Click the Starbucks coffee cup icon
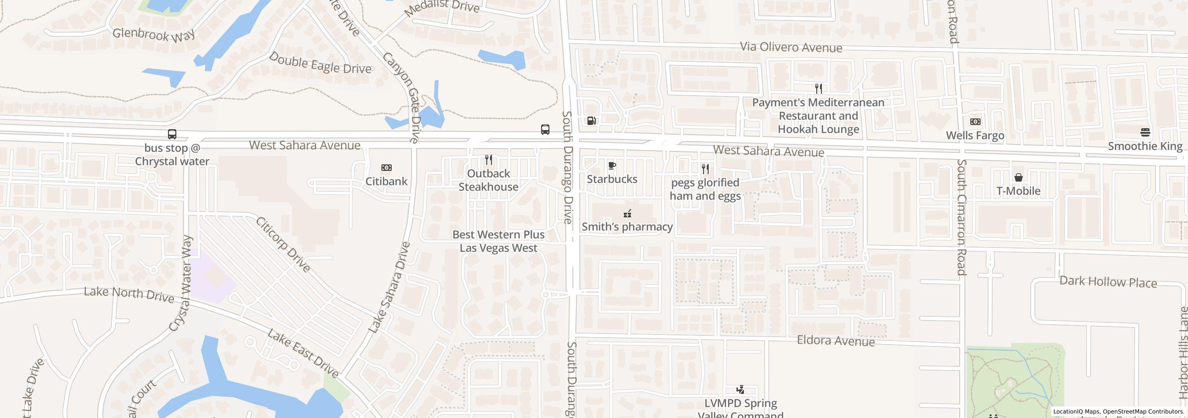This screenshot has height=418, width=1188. click(612, 166)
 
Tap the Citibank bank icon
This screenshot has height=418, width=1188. click(386, 168)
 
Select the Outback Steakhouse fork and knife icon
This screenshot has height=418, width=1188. click(488, 160)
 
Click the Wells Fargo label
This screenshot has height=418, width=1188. click(975, 136)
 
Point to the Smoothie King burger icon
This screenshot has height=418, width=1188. click(1145, 133)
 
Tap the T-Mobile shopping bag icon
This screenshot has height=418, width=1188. click(1018, 177)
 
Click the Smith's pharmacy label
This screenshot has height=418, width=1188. click(627, 227)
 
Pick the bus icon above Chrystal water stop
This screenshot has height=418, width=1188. click(172, 134)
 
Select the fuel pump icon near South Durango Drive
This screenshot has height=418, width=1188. click(591, 121)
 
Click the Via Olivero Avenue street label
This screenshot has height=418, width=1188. click(791, 47)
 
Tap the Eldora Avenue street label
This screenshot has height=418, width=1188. click(835, 341)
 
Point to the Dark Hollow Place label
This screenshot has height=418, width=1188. click(1108, 282)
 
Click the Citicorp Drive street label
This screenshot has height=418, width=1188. click(283, 245)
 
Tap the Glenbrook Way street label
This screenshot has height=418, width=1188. click(154, 35)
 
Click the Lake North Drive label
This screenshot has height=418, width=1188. click(129, 294)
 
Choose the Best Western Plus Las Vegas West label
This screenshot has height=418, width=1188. click(498, 241)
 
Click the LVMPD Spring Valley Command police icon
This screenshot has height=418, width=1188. click(740, 390)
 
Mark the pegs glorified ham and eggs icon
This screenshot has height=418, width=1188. click(705, 169)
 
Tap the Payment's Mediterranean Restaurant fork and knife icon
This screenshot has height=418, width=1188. click(819, 88)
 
